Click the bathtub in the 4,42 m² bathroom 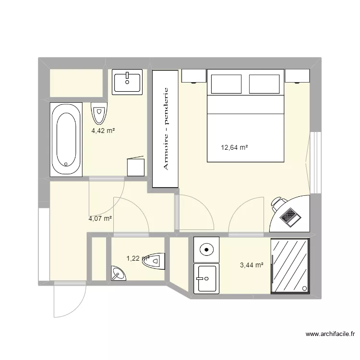click(66, 139)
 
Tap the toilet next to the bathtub click(99, 113)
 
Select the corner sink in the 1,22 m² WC click(118, 274)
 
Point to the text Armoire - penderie click(166, 129)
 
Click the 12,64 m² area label click(234, 148)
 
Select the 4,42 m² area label click(104, 130)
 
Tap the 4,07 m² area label click(100, 218)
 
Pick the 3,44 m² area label click(252, 264)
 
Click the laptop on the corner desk click(290, 216)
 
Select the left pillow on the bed click(228, 84)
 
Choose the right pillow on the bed click(265, 84)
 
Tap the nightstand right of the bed click(298, 76)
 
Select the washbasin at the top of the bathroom click(128, 82)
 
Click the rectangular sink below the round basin click(206, 278)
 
